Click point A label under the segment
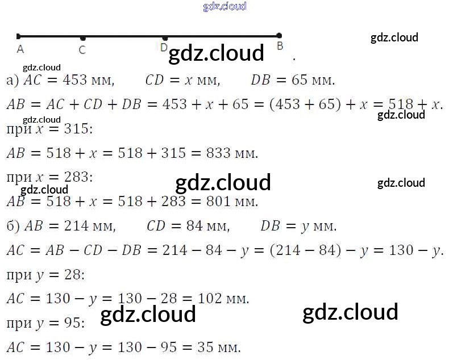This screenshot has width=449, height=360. pos(20,49)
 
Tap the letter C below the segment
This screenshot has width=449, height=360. pos(82,50)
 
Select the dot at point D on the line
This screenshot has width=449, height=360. pos(165,37)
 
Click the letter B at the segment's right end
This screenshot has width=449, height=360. pos(280,47)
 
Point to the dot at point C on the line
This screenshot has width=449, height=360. pos(83,37)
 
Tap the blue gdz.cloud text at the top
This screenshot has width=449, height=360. pos(224,6)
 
